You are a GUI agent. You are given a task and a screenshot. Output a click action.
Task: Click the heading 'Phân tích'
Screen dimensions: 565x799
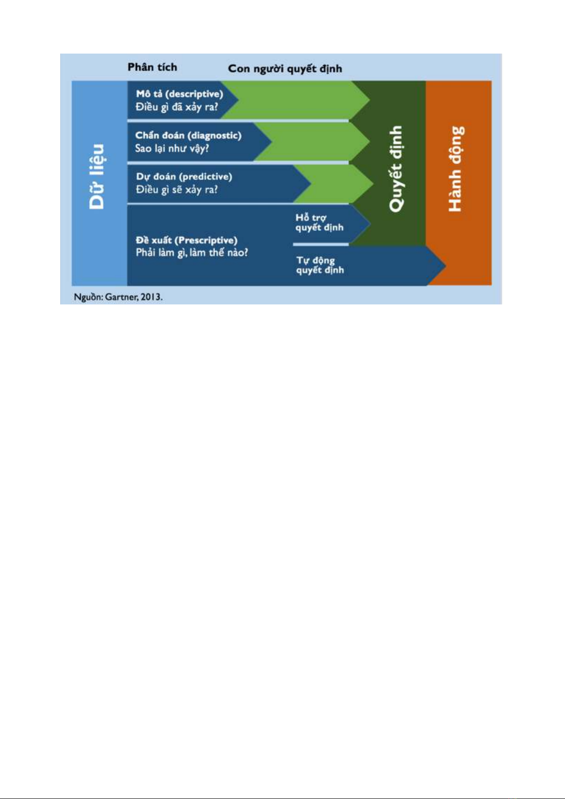152,67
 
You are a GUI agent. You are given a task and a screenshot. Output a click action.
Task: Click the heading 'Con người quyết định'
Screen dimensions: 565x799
285,68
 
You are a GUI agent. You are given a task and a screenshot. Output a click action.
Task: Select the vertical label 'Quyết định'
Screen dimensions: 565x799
396,169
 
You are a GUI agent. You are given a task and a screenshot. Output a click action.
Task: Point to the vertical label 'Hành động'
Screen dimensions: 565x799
456,169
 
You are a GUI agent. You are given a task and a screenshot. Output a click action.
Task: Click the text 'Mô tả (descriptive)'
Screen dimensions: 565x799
180,94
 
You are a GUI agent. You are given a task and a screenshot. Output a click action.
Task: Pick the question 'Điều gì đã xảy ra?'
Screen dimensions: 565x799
177,107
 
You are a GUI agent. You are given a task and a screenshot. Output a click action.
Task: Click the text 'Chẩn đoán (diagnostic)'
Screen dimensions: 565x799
188,136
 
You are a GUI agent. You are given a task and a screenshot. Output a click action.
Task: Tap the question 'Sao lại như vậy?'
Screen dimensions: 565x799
172,148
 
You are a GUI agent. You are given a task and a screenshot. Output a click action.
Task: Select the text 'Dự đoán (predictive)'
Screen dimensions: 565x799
184,177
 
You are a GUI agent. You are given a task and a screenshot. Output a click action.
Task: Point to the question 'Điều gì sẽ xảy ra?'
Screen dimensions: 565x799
177,189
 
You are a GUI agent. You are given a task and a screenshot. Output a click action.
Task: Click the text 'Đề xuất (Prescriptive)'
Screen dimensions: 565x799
186,240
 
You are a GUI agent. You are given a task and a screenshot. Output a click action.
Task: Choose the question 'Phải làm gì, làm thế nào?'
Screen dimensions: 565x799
192,253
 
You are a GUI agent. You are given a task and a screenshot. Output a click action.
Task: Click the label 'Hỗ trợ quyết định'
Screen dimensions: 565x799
319,222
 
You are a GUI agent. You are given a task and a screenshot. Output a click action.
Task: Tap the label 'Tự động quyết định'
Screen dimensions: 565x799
320,265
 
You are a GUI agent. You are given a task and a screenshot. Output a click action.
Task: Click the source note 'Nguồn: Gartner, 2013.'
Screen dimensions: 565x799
118,297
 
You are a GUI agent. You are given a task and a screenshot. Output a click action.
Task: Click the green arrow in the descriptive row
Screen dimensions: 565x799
296,100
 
